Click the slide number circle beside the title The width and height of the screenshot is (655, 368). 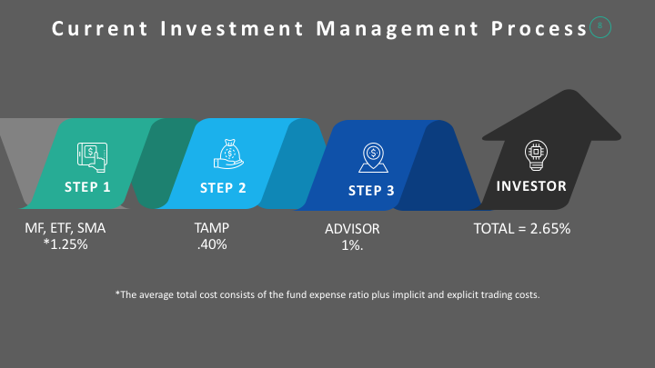[600, 27]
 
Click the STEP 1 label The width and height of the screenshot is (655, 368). [87, 188]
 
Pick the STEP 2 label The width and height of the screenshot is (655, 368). [223, 188]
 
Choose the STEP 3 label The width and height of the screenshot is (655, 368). [371, 191]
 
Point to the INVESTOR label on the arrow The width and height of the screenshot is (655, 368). [531, 186]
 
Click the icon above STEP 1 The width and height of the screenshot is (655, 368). [91, 155]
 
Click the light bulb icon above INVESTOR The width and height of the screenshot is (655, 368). [535, 154]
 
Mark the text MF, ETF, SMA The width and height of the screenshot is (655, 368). [65, 228]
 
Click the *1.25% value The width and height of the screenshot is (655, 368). [65, 244]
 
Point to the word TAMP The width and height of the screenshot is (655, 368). [212, 228]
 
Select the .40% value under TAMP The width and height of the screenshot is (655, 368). [212, 244]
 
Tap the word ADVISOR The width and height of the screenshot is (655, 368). [352, 228]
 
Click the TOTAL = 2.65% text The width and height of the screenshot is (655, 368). [522, 228]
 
